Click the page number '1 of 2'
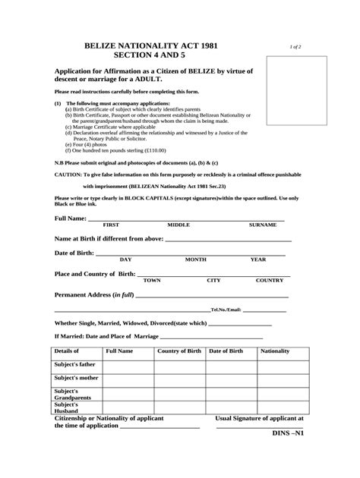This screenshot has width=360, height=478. point(295,47)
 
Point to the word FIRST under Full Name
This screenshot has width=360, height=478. point(111,225)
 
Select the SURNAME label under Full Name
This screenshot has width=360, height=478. point(263,225)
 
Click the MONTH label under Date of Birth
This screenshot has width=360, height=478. point(195,259)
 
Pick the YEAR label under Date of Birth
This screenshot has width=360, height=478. point(258,259)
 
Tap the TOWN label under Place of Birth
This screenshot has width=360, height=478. point(152,280)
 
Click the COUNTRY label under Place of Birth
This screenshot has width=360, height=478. point(269,280)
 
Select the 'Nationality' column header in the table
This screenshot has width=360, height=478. point(275,351)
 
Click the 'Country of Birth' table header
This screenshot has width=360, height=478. point(178,351)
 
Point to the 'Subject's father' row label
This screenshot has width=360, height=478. point(75,364)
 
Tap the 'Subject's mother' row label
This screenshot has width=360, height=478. point(76,378)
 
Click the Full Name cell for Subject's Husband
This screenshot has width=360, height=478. point(128,407)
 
